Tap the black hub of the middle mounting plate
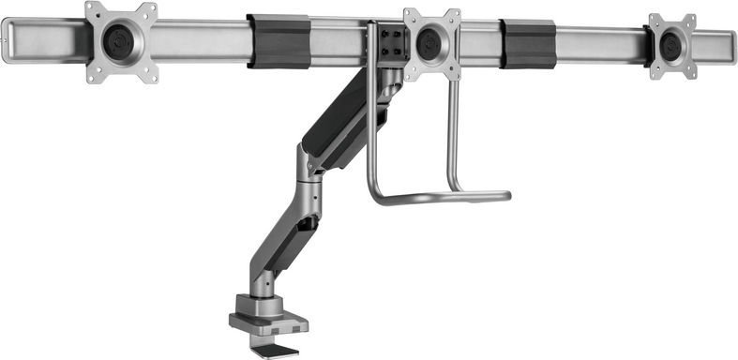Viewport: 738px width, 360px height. point(431,42)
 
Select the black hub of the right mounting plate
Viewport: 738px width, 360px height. point(672,44)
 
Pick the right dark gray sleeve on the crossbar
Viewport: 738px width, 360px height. point(529,43)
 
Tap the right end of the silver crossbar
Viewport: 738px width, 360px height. point(729,43)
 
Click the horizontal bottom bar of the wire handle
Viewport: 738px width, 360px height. point(441,198)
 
